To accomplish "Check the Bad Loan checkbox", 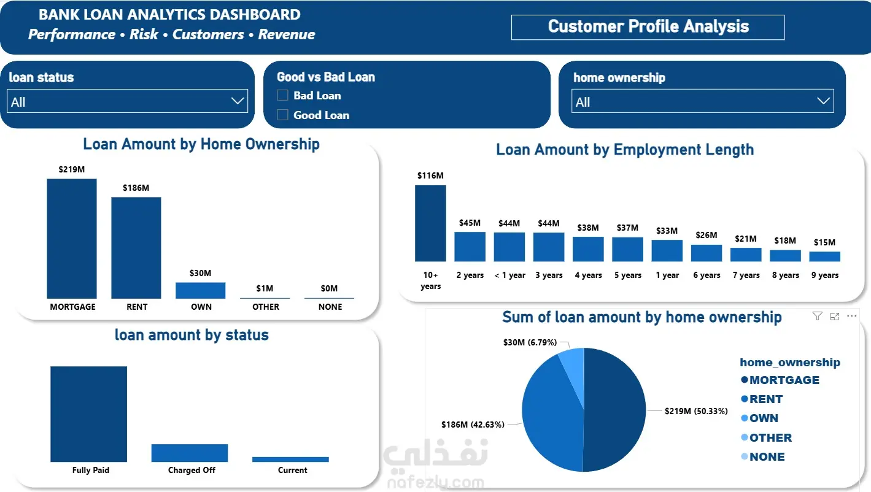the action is (283, 95).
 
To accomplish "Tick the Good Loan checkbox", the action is (283, 115).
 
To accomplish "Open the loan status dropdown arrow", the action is (238, 101).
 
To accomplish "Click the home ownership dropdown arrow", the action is (823, 101).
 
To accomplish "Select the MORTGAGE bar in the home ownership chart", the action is (72, 239).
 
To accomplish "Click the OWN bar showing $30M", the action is (200, 290).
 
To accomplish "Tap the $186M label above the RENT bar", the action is (136, 188).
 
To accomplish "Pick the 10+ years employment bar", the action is (430, 223).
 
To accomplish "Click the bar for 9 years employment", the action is (825, 256).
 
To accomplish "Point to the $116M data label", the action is (430, 175).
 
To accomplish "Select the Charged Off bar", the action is (190, 453).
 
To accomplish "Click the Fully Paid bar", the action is (88, 414).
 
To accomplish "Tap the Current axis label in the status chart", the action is (292, 470).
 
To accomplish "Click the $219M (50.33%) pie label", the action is (696, 411).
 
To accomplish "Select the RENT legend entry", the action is (762, 399).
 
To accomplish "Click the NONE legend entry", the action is (763, 456).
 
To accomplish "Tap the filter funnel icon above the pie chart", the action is (818, 317).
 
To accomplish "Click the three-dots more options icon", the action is (851, 316).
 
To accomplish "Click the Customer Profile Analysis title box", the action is (648, 27).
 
